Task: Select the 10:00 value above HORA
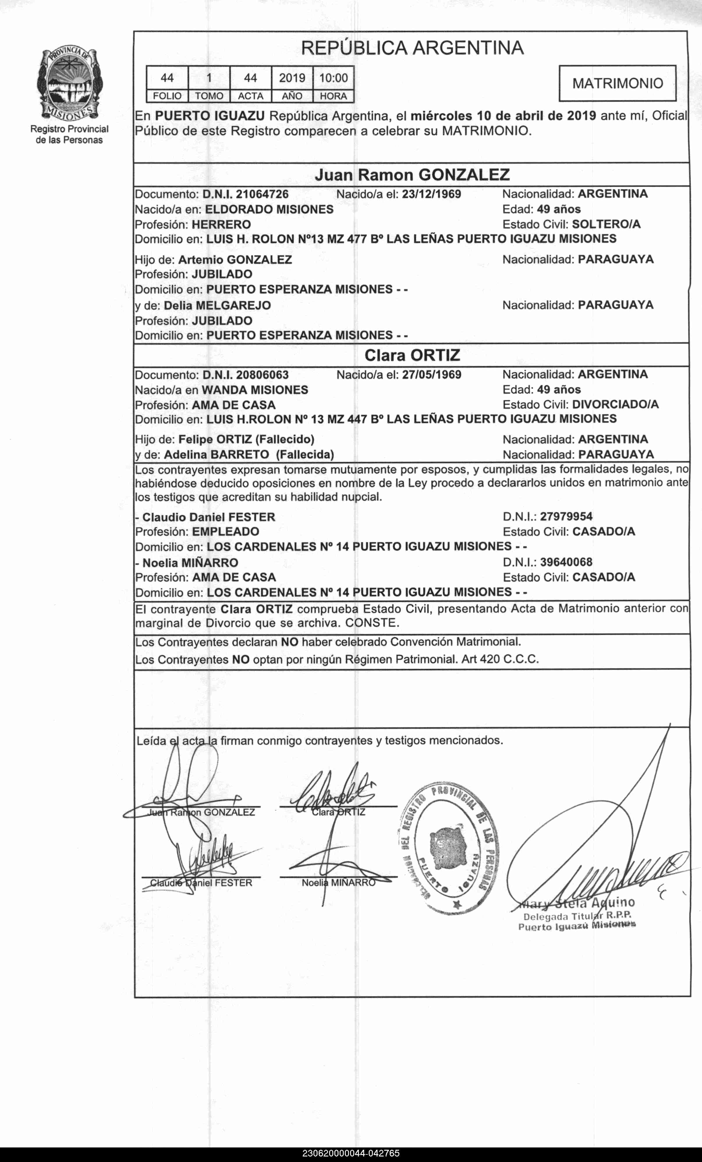333,78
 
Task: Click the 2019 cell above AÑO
292,78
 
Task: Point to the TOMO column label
209,96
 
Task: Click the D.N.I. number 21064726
262,194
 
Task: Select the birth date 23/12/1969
431,194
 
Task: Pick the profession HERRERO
221,224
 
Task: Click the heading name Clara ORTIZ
412,355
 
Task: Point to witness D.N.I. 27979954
566,517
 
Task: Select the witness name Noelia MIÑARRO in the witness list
190,563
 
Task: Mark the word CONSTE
372,623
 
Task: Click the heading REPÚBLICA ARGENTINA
412,48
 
